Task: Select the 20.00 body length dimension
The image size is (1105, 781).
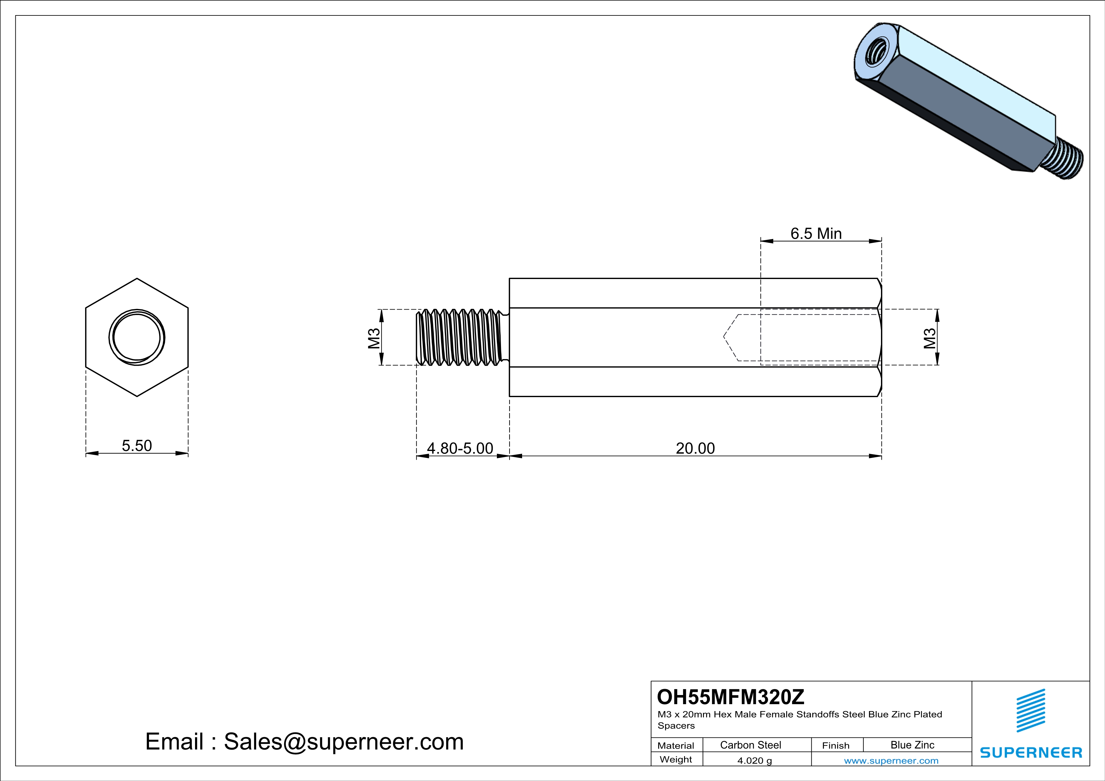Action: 695,448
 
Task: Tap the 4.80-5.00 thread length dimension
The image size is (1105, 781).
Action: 460,448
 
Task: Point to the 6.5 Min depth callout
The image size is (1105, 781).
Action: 816,233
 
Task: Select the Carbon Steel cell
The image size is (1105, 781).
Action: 750,745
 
